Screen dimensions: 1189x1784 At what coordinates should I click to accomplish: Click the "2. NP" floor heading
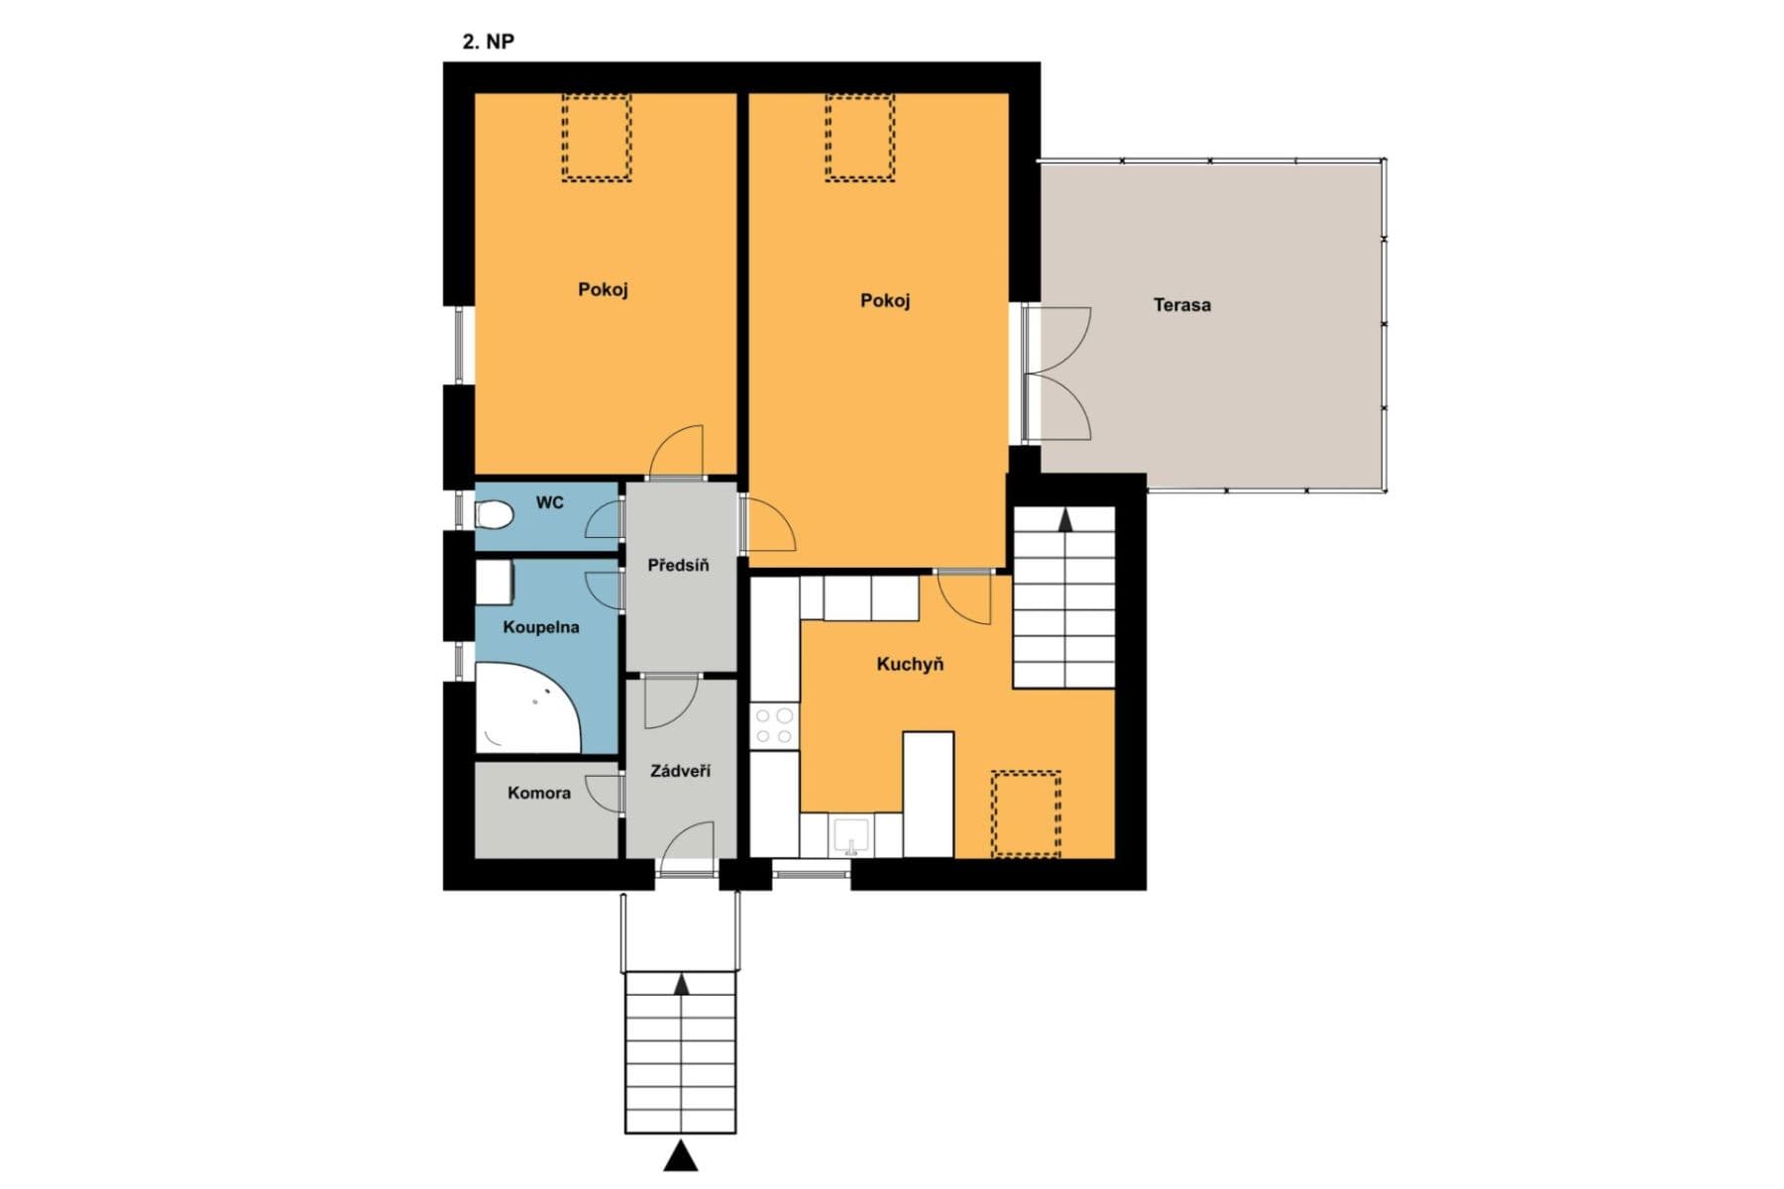click(488, 42)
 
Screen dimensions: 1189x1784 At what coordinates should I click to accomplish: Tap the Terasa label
click(1181, 305)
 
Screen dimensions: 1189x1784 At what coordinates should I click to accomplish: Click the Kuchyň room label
click(910, 665)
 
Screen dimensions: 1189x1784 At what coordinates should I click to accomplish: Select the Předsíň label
click(678, 566)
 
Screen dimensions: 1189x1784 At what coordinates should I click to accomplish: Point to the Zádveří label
click(680, 770)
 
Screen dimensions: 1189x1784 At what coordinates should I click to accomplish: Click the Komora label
click(538, 793)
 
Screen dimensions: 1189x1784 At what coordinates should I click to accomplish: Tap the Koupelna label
click(540, 627)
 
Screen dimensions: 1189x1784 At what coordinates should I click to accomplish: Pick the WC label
click(549, 502)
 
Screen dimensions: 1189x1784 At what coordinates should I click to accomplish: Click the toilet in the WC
click(493, 515)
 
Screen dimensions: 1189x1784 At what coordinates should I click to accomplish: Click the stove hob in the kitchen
click(774, 724)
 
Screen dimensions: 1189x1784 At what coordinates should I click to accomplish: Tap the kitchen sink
click(850, 835)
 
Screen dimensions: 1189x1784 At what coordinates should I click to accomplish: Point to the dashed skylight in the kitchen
click(1026, 812)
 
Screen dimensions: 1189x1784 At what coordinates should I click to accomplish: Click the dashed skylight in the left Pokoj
click(597, 137)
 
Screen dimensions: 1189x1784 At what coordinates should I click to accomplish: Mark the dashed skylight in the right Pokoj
click(860, 137)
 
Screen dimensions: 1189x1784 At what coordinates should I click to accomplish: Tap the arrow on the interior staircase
click(1065, 520)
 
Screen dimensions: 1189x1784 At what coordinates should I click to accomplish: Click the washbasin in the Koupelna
click(494, 583)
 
